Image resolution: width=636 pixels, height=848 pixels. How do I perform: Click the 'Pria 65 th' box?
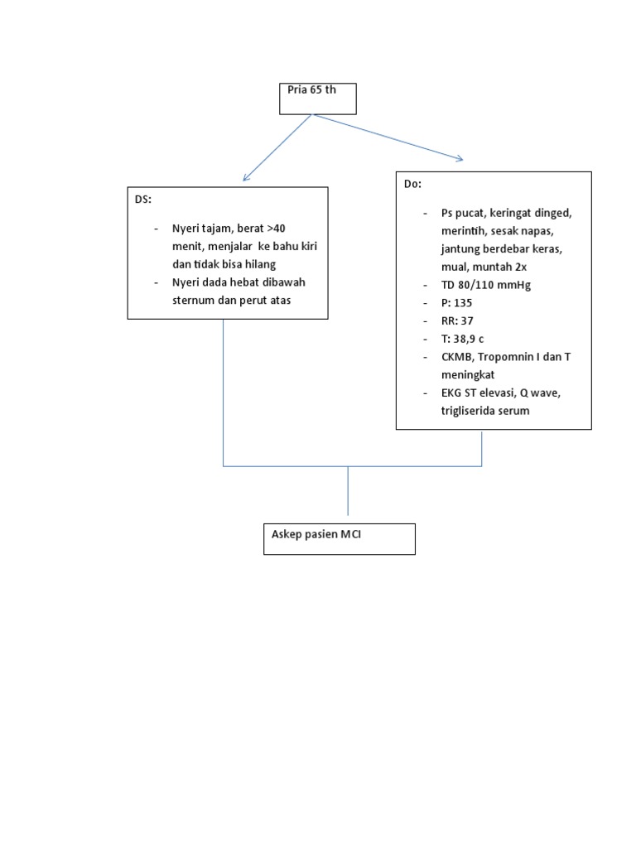coord(318,99)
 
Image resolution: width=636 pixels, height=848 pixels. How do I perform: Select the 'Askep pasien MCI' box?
coord(339,538)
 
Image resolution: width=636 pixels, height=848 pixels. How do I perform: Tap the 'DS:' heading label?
coord(144,200)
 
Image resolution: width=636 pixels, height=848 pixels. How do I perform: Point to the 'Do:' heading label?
coord(412,184)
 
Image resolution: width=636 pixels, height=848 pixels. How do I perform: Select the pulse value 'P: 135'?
coord(456,302)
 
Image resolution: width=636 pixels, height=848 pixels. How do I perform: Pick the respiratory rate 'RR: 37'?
coord(457,320)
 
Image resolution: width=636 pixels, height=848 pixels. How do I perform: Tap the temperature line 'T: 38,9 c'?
coord(462,339)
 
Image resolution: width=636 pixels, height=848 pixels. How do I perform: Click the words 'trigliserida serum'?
coord(485,411)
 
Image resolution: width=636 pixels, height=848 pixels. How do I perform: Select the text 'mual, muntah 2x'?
coord(484,267)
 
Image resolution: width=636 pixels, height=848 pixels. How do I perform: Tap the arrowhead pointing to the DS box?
coord(244,179)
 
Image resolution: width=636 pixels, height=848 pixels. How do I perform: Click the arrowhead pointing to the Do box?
coord(460,159)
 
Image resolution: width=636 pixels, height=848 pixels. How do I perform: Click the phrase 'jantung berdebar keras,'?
coord(502,248)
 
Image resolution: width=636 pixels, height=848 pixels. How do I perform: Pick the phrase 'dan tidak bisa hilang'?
coord(224,263)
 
